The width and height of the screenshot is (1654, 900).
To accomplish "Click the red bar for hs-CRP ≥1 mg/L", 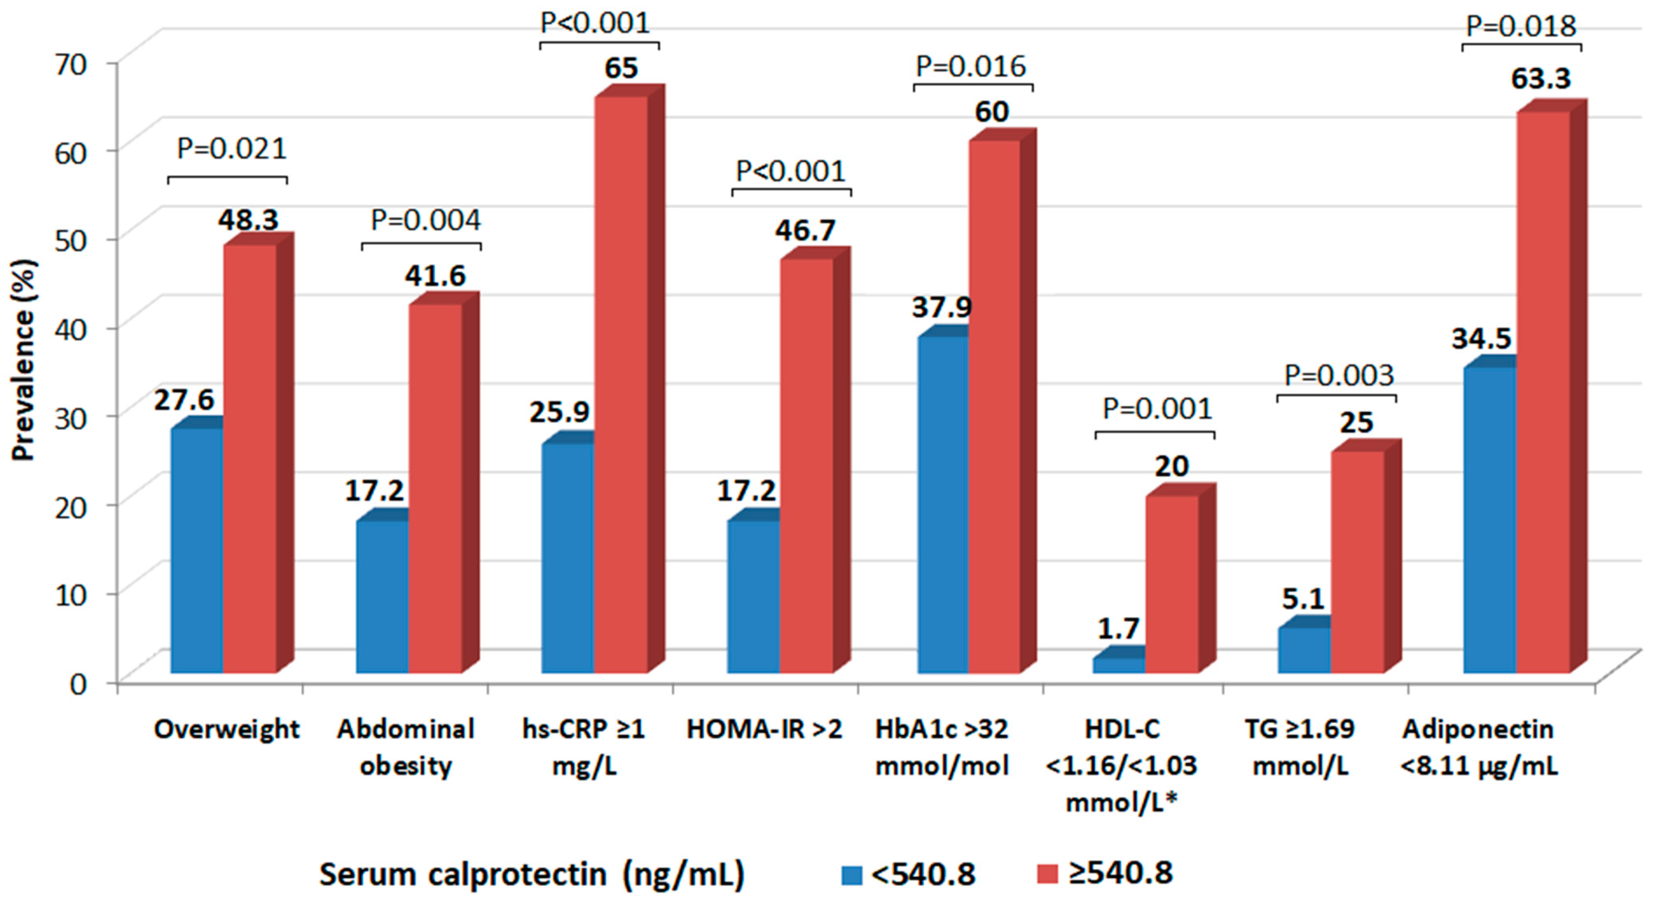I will [620, 385].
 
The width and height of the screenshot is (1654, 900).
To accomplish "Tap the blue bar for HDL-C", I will [1118, 666].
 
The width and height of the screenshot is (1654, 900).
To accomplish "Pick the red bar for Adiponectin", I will [1542, 392].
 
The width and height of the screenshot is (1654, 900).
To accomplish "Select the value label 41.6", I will [435, 276].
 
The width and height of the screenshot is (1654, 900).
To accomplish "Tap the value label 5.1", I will [1303, 599].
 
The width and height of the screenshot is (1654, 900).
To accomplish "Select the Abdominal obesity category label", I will [406, 748].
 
